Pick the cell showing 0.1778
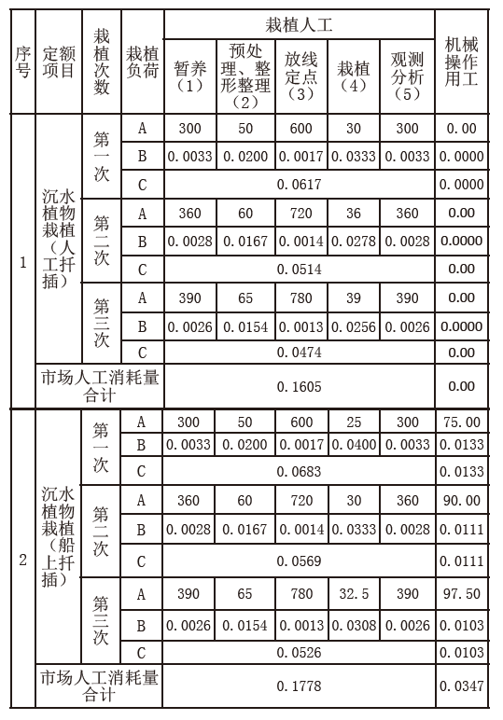[300, 686]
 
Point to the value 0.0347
[465, 686]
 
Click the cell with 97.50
[465, 594]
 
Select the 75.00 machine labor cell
[465, 422]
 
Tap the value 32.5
[354, 594]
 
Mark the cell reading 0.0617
[300, 185]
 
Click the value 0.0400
[354, 445]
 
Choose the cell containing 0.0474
[300, 353]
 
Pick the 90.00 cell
[465, 501]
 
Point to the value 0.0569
[300, 561]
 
